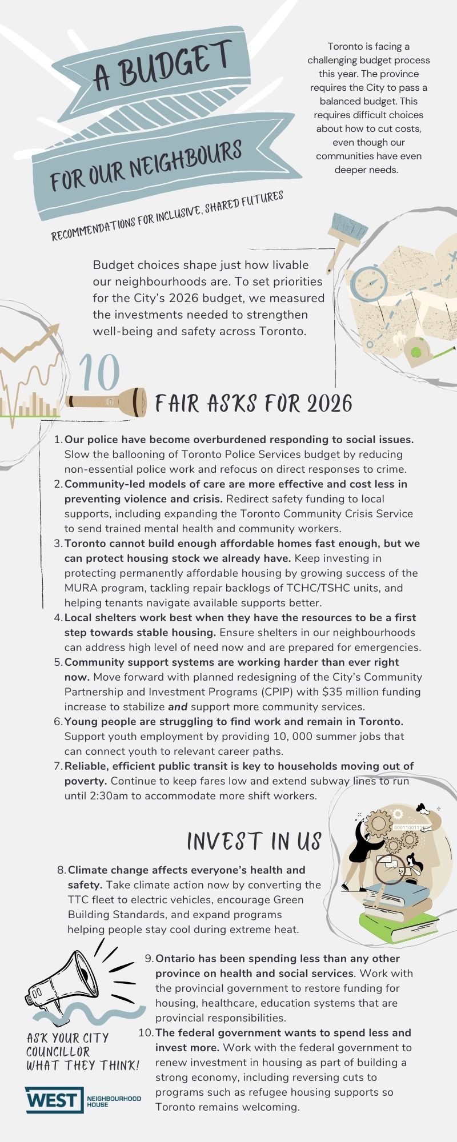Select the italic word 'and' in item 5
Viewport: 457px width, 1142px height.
[x=178, y=706]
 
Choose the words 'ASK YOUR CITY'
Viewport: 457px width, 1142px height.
[x=67, y=1038]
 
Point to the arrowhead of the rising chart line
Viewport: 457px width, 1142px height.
[x=55, y=329]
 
